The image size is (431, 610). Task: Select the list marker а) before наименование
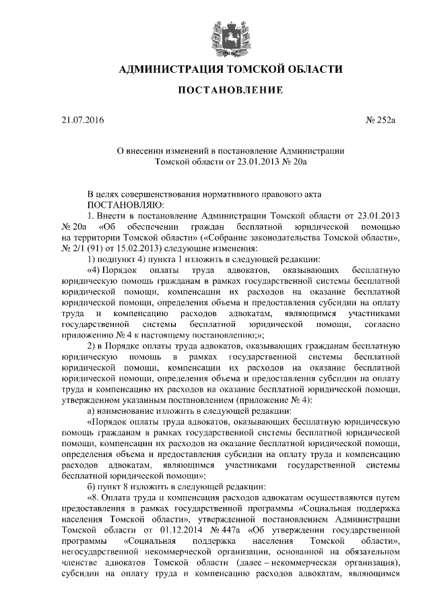[x=93, y=410]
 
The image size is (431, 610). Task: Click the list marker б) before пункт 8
[x=93, y=486]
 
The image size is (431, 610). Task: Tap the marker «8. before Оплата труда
[x=96, y=497]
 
